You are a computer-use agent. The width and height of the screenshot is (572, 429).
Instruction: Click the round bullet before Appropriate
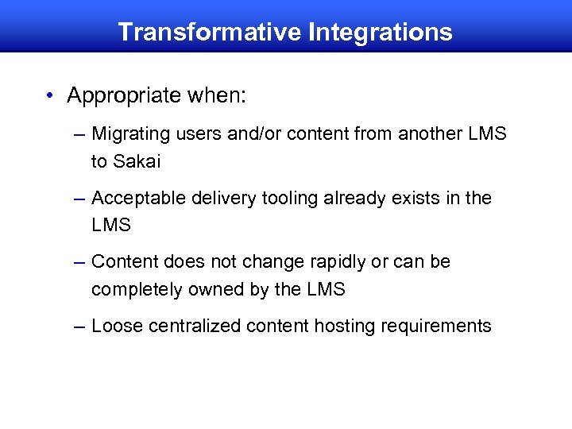pos(50,96)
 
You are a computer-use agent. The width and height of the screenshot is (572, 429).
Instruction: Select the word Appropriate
pos(125,97)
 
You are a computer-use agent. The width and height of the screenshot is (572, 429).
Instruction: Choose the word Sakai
pos(137,162)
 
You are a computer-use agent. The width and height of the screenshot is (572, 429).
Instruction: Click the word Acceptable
pos(138,198)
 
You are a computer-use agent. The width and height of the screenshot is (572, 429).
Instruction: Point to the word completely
pos(137,290)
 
